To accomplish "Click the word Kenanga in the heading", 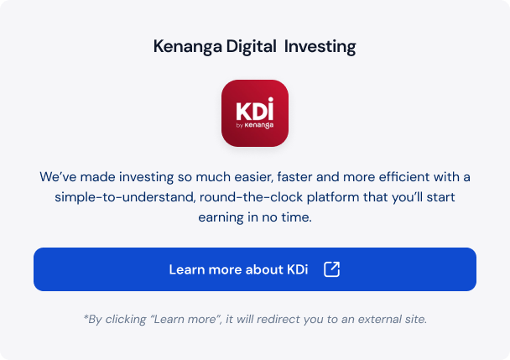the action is [188, 47].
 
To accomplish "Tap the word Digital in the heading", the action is [251, 46].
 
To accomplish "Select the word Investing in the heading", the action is [320, 47].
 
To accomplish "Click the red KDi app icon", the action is [255, 113].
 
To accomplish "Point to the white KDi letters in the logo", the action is [255, 109].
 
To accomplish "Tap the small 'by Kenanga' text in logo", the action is [255, 125].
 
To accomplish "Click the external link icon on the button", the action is [332, 269].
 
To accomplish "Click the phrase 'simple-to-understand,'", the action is [125, 197].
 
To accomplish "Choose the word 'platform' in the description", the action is [333, 197].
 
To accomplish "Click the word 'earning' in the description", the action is [221, 217].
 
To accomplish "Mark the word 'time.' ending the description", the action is [296, 217].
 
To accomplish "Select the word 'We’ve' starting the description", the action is [58, 177].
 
